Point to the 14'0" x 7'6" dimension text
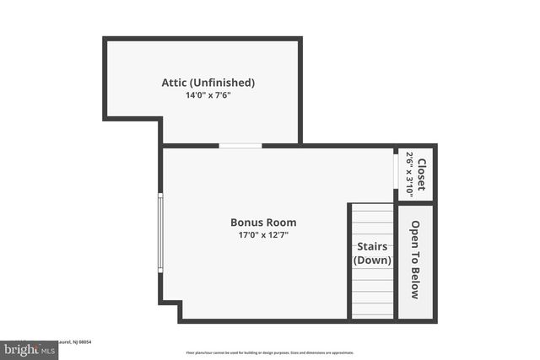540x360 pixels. pos(208,95)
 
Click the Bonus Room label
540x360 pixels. pos(263,223)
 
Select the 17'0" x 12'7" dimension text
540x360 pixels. pos(263,235)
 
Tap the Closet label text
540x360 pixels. pos(421,175)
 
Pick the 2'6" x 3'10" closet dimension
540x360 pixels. pos(410,175)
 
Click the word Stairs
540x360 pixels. pos(372,246)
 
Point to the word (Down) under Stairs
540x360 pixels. pos(372,261)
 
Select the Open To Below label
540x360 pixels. pos(415,260)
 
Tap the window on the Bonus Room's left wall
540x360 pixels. pos(160,233)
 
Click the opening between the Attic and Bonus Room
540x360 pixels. pos(240,146)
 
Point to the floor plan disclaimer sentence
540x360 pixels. pos(270,352)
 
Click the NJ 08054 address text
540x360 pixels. pos(79,341)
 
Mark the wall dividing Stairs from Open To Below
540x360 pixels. pos(396,261)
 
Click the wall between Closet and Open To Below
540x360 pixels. pos(416,202)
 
